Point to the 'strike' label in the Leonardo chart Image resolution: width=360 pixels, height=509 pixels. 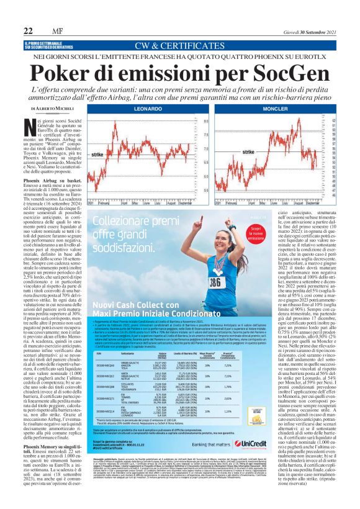97,153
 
